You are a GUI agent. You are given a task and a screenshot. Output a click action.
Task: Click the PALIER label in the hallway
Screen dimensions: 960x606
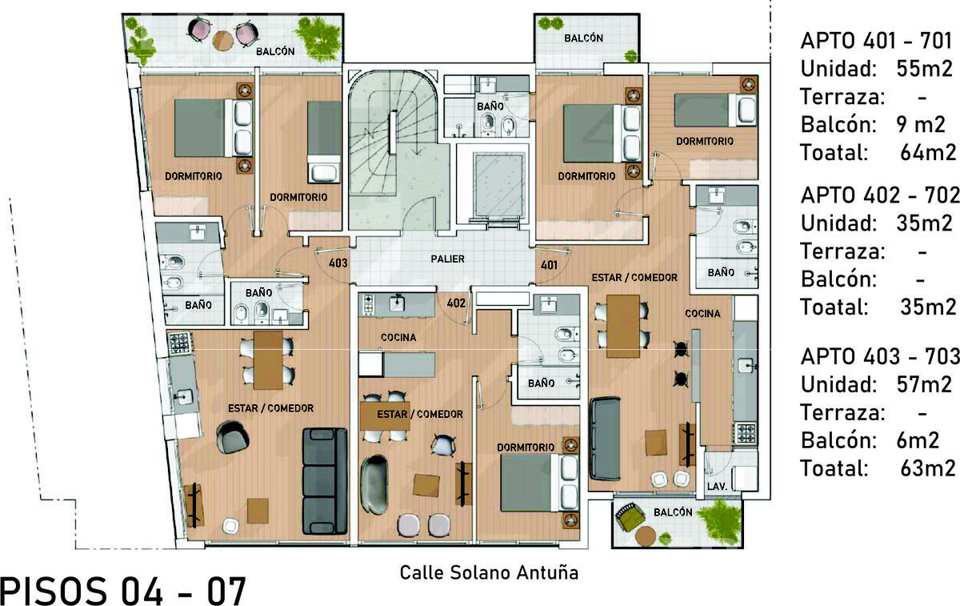click(447, 259)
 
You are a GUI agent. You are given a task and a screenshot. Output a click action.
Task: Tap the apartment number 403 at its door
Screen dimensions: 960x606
click(338, 263)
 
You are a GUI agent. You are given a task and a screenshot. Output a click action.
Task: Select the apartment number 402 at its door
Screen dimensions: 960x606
click(455, 303)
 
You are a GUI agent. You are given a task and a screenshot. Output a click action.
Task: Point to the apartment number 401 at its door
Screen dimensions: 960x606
click(549, 265)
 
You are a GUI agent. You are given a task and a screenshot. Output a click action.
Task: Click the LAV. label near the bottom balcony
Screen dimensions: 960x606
click(717, 487)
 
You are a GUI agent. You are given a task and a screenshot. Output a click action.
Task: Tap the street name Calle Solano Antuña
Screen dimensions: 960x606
click(489, 573)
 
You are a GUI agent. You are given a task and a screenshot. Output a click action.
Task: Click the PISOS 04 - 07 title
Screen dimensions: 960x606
click(123, 591)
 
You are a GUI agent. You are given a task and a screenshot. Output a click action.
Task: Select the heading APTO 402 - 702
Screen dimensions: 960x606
click(880, 195)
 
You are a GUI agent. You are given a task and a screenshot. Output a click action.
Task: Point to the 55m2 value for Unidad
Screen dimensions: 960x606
click(925, 69)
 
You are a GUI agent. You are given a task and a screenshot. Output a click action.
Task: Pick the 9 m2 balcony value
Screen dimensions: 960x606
click(920, 125)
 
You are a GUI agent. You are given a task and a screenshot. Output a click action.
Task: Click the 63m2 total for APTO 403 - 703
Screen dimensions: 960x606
click(928, 468)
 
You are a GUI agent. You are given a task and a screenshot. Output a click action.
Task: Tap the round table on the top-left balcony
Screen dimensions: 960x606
click(223, 40)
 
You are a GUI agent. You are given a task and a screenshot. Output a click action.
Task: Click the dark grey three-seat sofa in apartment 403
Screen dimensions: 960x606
click(325, 481)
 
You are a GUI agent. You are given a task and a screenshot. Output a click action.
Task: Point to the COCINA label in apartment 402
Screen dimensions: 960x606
click(398, 338)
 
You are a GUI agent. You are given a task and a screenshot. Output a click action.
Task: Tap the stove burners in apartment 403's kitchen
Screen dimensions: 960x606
click(179, 343)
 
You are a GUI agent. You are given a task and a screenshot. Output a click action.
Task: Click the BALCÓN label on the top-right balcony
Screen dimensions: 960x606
click(583, 38)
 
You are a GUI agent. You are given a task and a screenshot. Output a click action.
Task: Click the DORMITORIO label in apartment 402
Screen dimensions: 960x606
click(526, 447)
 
